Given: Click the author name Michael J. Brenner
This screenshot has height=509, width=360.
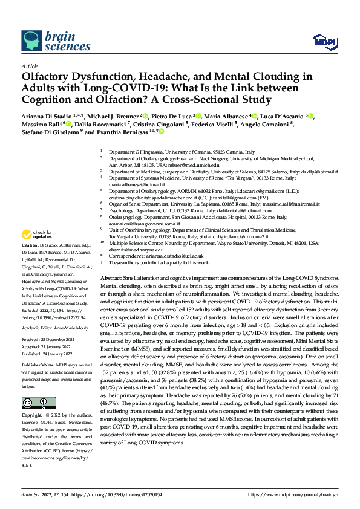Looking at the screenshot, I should click(112, 116).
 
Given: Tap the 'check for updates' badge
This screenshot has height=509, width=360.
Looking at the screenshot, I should click(37, 235).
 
